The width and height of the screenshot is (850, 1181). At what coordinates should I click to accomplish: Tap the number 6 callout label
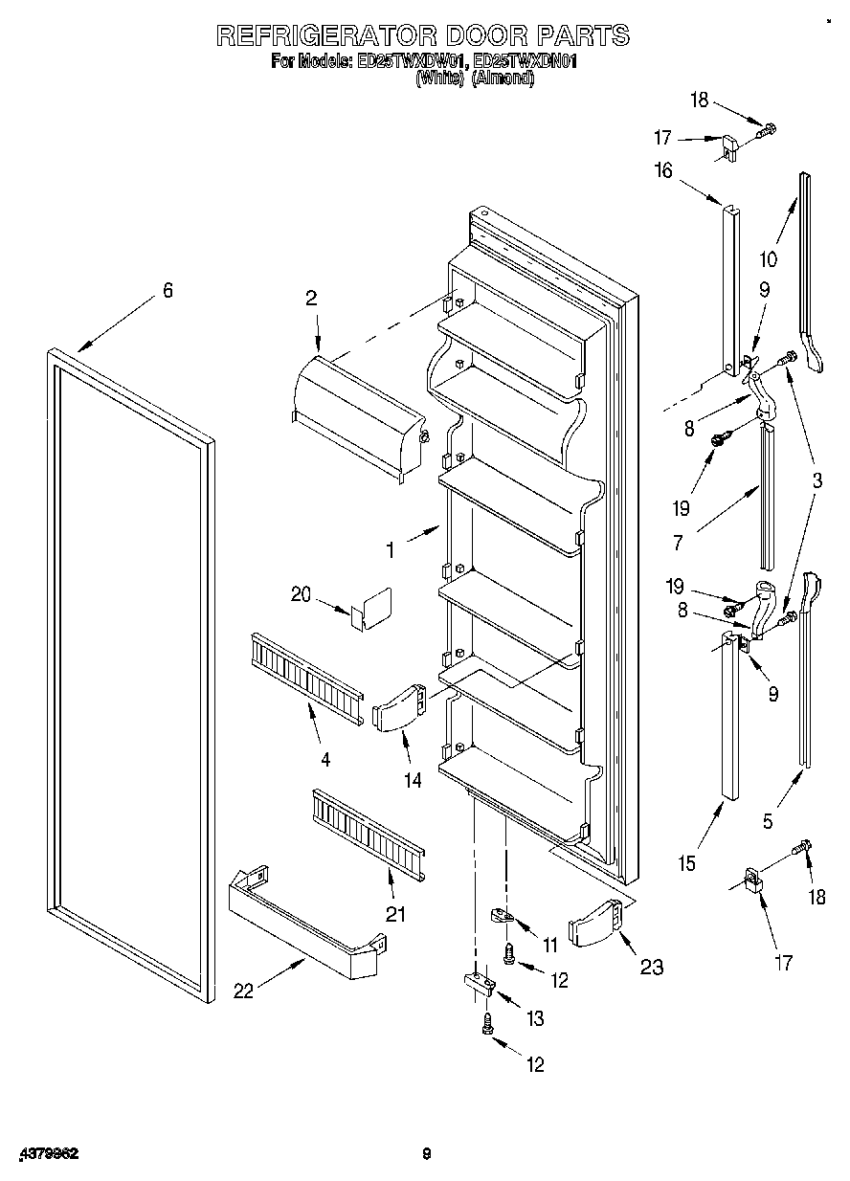coord(168,291)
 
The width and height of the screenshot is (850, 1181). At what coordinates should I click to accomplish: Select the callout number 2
coord(311,299)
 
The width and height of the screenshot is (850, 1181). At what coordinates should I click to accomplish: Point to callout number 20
coord(302,594)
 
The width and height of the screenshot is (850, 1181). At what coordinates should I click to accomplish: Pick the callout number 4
coord(325,760)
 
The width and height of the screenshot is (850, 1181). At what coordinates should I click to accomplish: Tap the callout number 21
coord(395,914)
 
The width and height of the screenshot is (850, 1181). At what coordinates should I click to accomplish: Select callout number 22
coord(245,992)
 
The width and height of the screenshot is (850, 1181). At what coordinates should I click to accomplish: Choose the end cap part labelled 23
coord(594,924)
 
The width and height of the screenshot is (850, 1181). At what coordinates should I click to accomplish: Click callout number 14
coord(413,781)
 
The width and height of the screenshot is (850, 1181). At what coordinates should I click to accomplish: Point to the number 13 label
coord(535,1020)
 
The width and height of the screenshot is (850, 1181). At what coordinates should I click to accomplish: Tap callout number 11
coord(549,946)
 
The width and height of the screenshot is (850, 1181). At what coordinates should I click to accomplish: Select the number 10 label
coord(768,258)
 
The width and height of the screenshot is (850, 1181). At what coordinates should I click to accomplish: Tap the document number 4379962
coord(45,1154)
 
